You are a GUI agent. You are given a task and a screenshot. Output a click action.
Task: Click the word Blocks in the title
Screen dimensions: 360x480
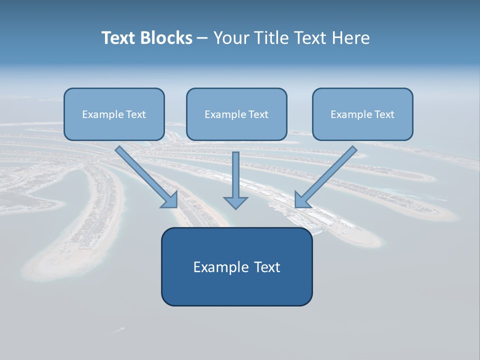coord(167,38)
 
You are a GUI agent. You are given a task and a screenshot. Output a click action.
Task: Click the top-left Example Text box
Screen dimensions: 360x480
coord(114,114)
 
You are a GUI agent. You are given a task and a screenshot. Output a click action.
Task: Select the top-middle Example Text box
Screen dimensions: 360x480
coord(236,114)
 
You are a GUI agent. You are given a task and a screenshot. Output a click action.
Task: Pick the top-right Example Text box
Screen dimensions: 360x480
coord(362,114)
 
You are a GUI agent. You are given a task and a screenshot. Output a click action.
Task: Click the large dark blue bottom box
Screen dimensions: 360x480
coord(236,266)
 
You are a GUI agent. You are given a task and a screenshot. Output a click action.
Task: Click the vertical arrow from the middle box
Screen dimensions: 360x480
coord(235,175)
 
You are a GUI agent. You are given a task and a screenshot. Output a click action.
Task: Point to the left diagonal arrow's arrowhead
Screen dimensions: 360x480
coord(170,200)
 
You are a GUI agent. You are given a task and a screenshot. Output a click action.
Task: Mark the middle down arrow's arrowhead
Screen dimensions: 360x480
coord(235,202)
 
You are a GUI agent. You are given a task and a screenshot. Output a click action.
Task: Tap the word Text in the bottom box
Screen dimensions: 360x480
coord(267,267)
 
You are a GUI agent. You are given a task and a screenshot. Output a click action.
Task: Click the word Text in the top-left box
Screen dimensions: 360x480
coord(136,114)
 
